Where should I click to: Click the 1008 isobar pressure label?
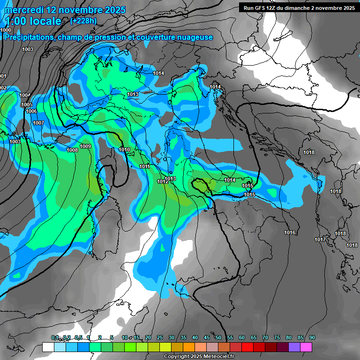tap(72, 150)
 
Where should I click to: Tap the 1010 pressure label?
tap(124, 150)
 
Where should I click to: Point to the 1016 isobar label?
tap(290, 233)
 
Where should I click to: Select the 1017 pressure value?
tap(320, 240)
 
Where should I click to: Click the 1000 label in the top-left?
tap(6, 30)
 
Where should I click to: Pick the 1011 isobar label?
tap(144, 166)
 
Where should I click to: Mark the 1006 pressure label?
tap(31, 111)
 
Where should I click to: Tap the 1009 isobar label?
tap(85, 146)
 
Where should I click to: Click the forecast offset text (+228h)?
tap(83, 21)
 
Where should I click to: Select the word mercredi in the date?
tap(24, 10)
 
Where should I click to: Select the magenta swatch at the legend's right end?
tap(306, 347)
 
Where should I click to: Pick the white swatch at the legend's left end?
tap(48, 347)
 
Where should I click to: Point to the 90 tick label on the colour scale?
tap(312, 338)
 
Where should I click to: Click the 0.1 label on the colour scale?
tap(55, 338)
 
